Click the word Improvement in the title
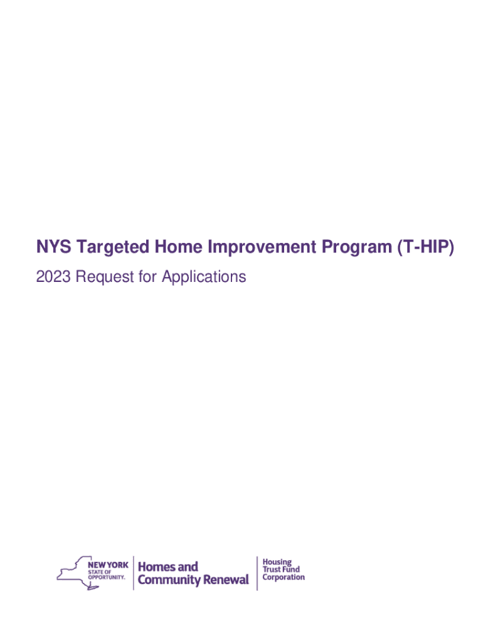262,247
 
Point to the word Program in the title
356,247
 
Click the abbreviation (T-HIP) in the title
425,247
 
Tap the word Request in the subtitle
105,277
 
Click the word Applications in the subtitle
204,277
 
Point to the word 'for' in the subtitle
148,277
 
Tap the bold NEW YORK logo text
108,565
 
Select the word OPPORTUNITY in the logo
107,578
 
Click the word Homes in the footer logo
153,567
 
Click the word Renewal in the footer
226,580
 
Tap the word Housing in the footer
277,562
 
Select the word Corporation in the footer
284,578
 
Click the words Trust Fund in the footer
281,569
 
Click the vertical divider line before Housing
257,573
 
